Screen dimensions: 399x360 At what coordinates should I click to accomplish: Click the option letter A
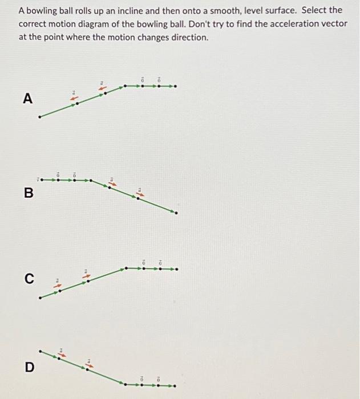[x=27, y=99]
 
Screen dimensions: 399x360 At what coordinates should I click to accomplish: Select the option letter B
[x=28, y=193]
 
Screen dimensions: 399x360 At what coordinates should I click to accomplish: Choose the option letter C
[x=29, y=279]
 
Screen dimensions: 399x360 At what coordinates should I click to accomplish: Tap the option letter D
[x=29, y=367]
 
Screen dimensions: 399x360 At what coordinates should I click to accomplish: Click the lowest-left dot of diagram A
[x=39, y=117]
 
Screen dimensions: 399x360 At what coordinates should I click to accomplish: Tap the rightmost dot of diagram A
[x=176, y=87]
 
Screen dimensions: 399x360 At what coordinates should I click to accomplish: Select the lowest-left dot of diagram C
[x=39, y=298]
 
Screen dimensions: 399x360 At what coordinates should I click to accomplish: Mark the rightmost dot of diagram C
[x=176, y=268]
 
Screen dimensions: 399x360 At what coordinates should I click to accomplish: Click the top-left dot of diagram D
[x=40, y=351]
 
